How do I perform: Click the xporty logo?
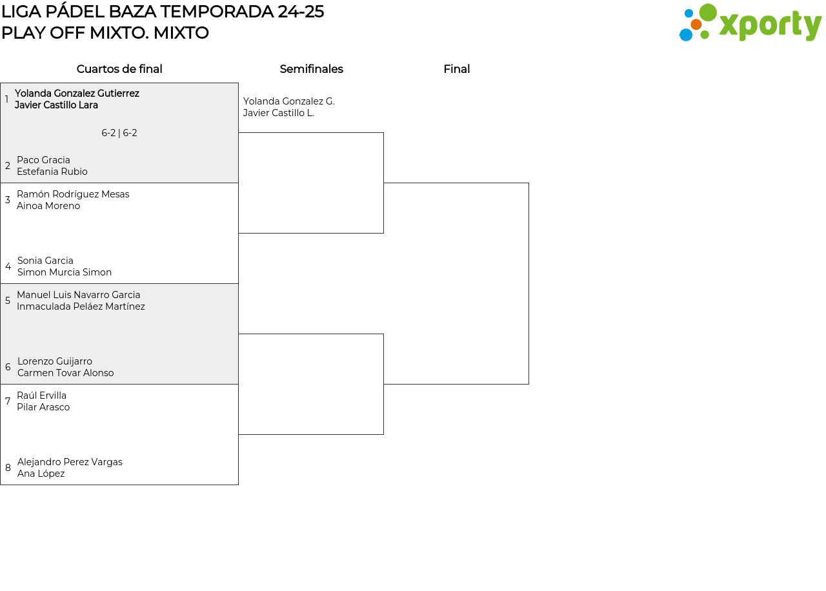tap(750, 23)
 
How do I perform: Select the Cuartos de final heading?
tap(119, 69)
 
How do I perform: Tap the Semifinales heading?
tap(311, 69)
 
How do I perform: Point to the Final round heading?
tap(456, 69)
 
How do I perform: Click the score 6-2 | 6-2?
tap(119, 133)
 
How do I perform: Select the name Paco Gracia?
tap(43, 160)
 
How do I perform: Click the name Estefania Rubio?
tap(52, 172)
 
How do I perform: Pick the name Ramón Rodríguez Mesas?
tap(73, 194)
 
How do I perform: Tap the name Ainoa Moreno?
tap(48, 206)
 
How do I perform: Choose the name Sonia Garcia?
tap(45, 261)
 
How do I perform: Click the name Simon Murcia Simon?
tap(65, 272)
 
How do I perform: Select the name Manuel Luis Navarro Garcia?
tap(79, 295)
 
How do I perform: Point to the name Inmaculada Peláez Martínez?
tap(81, 306)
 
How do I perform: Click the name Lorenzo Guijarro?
tap(55, 361)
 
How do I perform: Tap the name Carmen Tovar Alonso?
tap(66, 373)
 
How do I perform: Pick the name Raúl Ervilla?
tap(42, 396)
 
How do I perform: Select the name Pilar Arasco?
tap(43, 407)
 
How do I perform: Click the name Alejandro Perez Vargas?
tap(70, 462)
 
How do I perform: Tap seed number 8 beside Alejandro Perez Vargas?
tap(8, 468)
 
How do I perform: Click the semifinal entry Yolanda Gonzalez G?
tap(288, 101)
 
